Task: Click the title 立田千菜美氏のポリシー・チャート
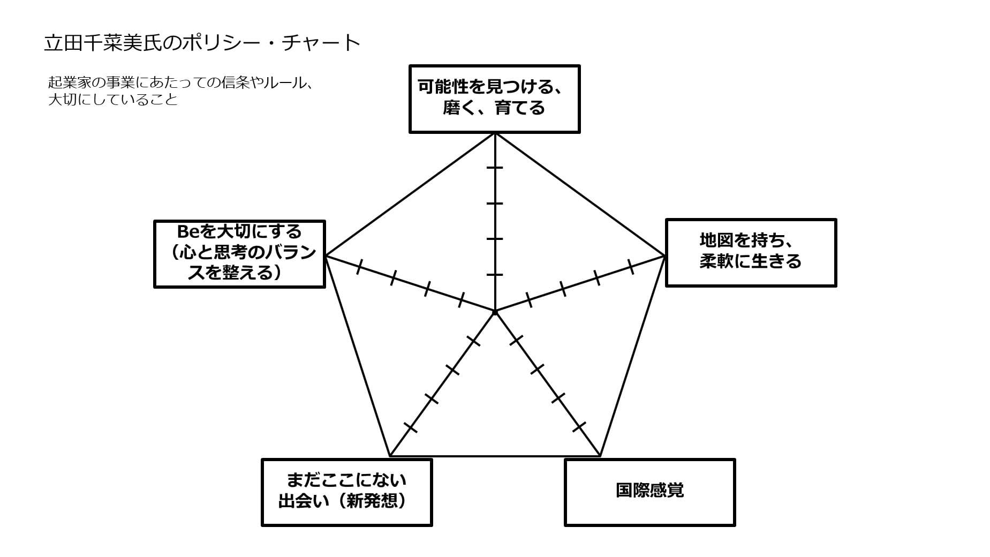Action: point(202,43)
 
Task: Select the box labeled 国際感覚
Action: point(649,492)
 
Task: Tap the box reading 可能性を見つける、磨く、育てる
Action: point(494,99)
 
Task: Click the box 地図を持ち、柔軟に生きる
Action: point(751,253)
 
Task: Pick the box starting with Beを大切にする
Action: point(239,254)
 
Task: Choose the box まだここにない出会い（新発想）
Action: point(346,492)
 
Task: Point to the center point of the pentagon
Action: point(495,311)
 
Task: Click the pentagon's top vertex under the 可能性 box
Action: point(495,133)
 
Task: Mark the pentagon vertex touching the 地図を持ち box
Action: point(664,256)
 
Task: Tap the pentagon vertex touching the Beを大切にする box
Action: point(326,256)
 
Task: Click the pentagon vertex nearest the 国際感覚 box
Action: point(600,456)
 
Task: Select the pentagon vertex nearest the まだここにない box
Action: point(390,456)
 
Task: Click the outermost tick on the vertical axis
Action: point(495,168)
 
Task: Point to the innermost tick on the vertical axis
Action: point(495,275)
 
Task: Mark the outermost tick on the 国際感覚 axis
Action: point(579,427)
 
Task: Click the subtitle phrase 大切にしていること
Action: point(113,100)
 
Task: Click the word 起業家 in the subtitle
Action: point(68,83)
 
